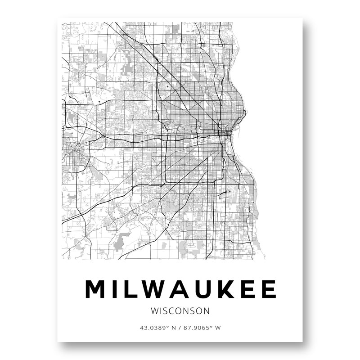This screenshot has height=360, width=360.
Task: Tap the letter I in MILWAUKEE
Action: (116, 289)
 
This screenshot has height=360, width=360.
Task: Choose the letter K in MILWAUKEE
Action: (229, 289)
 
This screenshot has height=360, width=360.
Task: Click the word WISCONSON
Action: (180, 310)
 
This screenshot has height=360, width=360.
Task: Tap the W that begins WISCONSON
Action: (155, 310)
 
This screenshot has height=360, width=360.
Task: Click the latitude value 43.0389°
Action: (153, 328)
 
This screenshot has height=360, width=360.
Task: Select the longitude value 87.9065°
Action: (196, 328)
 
